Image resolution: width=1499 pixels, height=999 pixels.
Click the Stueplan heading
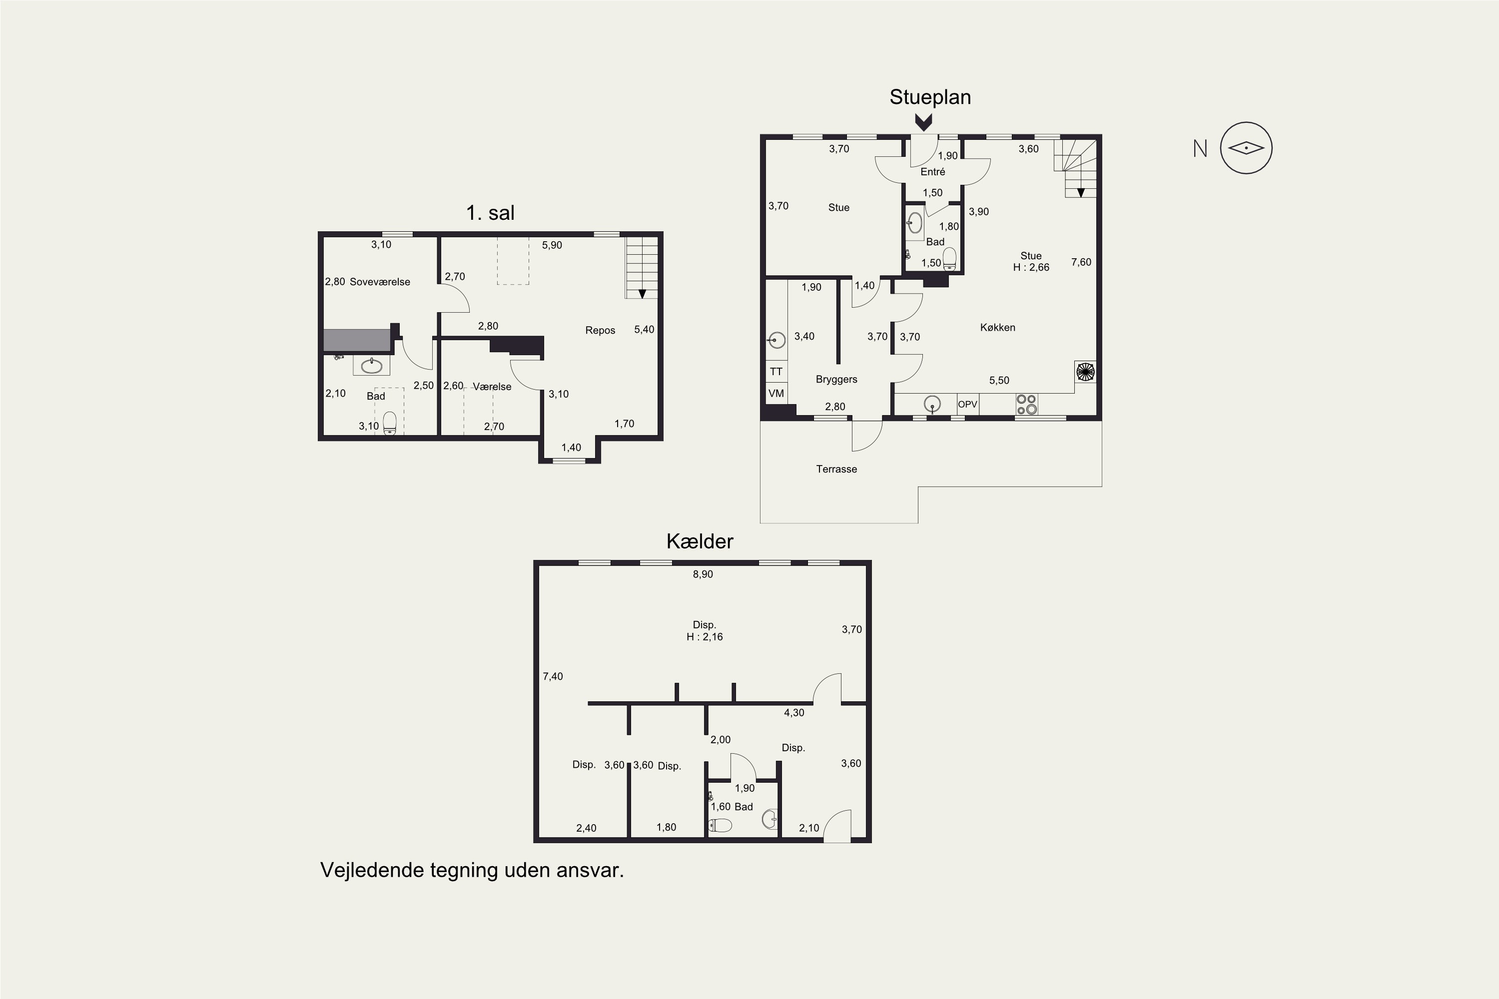pos(930,97)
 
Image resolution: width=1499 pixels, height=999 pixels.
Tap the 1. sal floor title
pos(490,213)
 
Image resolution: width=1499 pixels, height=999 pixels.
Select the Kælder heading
pos(700,541)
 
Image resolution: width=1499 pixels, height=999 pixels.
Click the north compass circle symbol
pos(1246,148)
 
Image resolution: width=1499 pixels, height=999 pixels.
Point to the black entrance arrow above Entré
pos(923,122)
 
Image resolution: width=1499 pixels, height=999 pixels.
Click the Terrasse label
pos(836,469)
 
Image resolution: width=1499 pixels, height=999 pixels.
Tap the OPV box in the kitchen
pos(967,405)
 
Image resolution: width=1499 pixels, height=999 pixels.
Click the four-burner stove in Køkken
pos(1026,405)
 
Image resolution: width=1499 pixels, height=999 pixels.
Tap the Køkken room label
pos(997,328)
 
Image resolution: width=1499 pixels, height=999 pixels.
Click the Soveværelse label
pos(380,282)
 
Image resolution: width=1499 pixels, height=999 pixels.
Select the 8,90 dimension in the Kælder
pos(703,574)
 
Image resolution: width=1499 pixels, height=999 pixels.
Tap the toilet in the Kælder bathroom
pos(721,825)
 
